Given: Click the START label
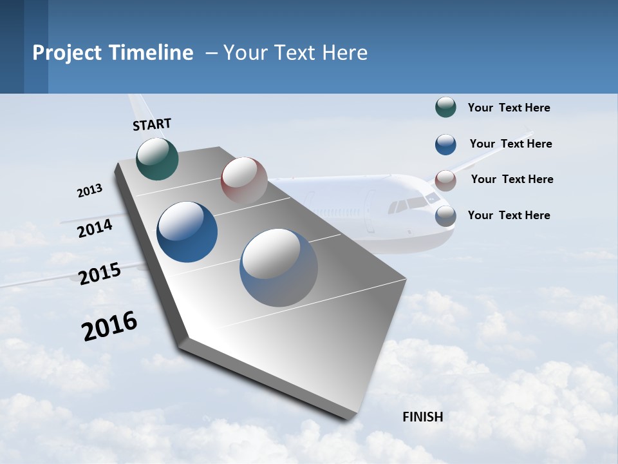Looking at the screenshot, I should [152, 124].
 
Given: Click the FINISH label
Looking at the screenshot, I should [423, 417].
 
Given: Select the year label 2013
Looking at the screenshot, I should [90, 191].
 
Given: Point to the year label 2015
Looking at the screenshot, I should [100, 274].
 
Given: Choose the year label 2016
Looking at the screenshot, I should [109, 326].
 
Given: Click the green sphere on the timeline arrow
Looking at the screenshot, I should [157, 159].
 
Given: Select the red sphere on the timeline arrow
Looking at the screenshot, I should [244, 180].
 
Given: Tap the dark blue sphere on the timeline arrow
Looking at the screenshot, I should [187, 232].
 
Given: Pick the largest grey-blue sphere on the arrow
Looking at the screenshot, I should [278, 267].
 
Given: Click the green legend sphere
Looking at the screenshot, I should [445, 108].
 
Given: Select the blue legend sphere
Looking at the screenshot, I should [445, 144].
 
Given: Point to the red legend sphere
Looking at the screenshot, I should [445, 180].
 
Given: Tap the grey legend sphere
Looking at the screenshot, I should [445, 216].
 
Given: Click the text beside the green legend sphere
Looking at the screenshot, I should [509, 108].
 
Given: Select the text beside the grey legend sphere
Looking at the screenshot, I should [509, 215].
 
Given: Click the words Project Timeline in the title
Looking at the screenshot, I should [113, 53].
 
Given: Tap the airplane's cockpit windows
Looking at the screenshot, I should [412, 204].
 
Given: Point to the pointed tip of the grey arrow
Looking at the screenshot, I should [351, 419].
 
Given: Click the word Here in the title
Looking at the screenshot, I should [344, 53].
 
